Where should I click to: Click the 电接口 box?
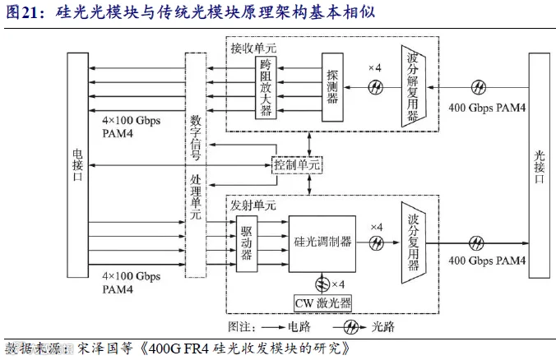click(77, 165)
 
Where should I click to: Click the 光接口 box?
click(540, 165)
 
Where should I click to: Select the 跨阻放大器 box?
click(266, 87)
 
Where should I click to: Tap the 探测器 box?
click(332, 87)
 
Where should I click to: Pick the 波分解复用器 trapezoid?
click(414, 86)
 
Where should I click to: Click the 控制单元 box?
click(297, 164)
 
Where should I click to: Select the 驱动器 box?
click(247, 243)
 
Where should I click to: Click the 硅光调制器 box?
click(322, 244)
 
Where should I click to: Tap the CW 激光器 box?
click(322, 303)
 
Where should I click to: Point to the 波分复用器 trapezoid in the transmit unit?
click(414, 242)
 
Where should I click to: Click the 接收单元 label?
click(253, 48)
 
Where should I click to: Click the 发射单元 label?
click(253, 205)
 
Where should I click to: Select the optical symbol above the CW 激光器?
click(322, 284)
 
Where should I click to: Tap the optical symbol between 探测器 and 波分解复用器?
click(376, 87)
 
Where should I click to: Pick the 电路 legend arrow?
click(273, 327)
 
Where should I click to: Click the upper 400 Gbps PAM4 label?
click(487, 108)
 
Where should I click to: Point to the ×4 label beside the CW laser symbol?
click(338, 284)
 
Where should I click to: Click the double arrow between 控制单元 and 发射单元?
click(309, 184)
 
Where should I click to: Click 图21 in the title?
click(22, 12)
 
